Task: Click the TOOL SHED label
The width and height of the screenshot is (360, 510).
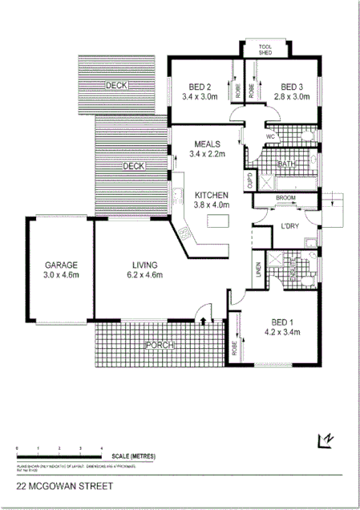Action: point(265,50)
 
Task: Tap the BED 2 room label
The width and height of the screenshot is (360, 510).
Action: point(200,87)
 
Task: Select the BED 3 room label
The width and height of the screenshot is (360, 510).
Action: point(291,87)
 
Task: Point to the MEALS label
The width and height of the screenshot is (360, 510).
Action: point(207,144)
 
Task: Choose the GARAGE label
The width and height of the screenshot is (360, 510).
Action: point(60,265)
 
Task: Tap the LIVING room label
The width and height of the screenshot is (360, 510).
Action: point(144,265)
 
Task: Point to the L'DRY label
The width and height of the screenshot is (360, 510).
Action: point(289,227)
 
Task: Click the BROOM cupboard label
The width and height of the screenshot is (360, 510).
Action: point(287,197)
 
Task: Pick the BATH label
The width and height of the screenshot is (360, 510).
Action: point(287,164)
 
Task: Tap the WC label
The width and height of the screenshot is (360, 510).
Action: point(270,137)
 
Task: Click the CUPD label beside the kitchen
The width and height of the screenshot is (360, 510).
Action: point(249,179)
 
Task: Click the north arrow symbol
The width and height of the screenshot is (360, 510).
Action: point(326,439)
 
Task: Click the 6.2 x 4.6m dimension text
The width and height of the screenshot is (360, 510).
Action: point(144,275)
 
